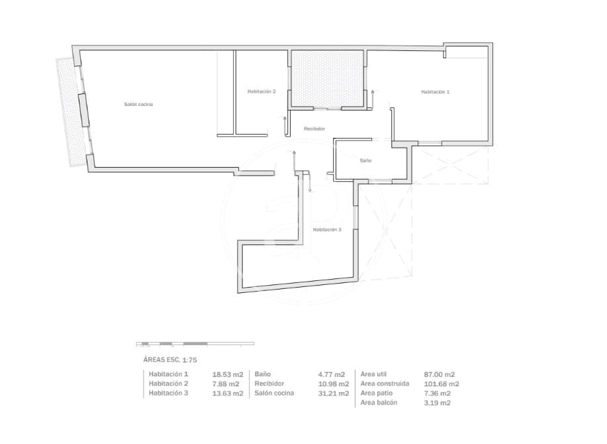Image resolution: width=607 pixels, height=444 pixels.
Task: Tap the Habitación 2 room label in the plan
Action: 261,91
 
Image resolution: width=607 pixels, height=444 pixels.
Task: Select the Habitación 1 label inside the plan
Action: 435,91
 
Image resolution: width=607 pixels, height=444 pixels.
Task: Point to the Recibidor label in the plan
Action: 314,129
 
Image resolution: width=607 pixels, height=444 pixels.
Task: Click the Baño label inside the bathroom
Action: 365,160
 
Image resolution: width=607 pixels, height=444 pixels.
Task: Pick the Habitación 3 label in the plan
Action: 327,230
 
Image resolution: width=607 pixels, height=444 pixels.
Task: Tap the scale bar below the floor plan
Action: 195,344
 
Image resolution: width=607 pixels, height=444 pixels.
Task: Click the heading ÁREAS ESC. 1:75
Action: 170,360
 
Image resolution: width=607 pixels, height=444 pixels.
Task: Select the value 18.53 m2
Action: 228,374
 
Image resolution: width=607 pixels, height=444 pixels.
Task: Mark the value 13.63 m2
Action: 228,393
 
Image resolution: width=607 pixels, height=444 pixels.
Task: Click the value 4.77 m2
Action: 333,374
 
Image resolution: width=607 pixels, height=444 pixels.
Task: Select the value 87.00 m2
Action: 439,374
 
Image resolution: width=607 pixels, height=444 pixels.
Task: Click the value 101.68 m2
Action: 441,384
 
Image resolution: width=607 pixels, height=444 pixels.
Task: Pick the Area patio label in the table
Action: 377,393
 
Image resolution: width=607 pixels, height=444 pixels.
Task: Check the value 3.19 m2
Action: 437,403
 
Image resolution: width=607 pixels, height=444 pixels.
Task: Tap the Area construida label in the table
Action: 385,384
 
